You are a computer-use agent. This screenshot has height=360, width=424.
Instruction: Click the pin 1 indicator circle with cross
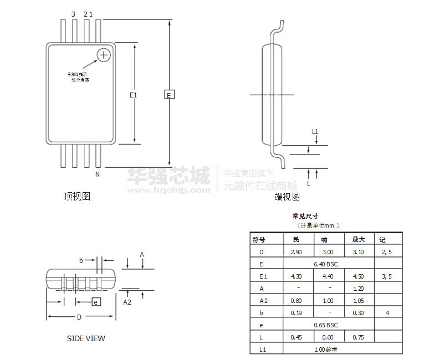104,54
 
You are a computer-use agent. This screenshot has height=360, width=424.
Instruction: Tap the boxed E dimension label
170,94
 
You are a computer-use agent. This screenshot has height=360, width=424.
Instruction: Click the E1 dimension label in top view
133,95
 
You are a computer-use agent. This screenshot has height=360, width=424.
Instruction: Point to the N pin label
97,174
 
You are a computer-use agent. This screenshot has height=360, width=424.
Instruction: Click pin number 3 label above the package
73,14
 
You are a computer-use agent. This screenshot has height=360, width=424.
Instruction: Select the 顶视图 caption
77,196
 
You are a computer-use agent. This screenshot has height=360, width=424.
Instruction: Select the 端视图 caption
287,197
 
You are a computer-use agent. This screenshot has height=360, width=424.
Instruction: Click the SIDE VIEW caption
86,338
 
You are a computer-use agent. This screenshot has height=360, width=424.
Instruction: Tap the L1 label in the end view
315,132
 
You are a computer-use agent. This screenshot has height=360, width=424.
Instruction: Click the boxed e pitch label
96,302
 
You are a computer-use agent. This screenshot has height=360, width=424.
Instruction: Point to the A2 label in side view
127,302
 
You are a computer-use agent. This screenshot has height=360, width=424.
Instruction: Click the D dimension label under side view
79,317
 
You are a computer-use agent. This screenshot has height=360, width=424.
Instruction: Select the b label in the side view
81,260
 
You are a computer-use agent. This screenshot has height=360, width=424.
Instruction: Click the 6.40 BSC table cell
325,264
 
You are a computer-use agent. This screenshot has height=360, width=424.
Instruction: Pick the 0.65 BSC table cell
325,325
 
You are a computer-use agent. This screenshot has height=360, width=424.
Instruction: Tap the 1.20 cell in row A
359,289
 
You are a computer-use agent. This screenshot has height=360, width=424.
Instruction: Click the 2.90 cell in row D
297,252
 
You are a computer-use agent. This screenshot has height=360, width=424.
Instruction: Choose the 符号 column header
259,240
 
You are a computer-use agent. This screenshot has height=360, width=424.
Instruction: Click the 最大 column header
359,240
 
